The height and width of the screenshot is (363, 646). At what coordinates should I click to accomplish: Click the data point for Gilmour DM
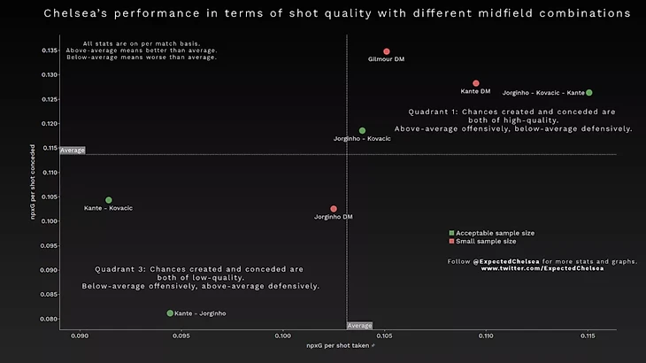[x=387, y=51]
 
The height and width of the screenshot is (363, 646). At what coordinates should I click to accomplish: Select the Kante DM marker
[x=476, y=83]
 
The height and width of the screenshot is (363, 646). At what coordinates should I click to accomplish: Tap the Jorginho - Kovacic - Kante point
[x=588, y=92]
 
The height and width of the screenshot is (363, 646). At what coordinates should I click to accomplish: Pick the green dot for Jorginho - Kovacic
[x=362, y=131]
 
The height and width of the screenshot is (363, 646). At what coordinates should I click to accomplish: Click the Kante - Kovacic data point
[x=109, y=200]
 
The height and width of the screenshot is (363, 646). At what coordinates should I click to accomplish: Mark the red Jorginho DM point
[x=334, y=209]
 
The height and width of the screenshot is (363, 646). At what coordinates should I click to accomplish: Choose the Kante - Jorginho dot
[x=170, y=313]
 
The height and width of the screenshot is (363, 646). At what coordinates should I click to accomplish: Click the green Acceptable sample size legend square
[x=452, y=233]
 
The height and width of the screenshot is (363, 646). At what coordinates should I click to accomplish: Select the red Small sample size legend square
[x=452, y=241]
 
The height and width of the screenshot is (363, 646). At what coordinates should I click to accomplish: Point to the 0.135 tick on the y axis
[x=48, y=50]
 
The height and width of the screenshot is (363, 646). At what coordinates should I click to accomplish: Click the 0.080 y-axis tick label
[x=48, y=319]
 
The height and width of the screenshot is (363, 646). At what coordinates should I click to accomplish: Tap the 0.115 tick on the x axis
[x=588, y=336]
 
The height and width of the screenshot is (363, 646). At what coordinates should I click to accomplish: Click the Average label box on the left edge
[x=73, y=151]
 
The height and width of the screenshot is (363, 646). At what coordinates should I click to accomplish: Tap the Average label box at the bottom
[x=359, y=326]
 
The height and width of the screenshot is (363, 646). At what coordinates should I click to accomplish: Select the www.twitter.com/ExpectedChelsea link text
[x=542, y=268]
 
